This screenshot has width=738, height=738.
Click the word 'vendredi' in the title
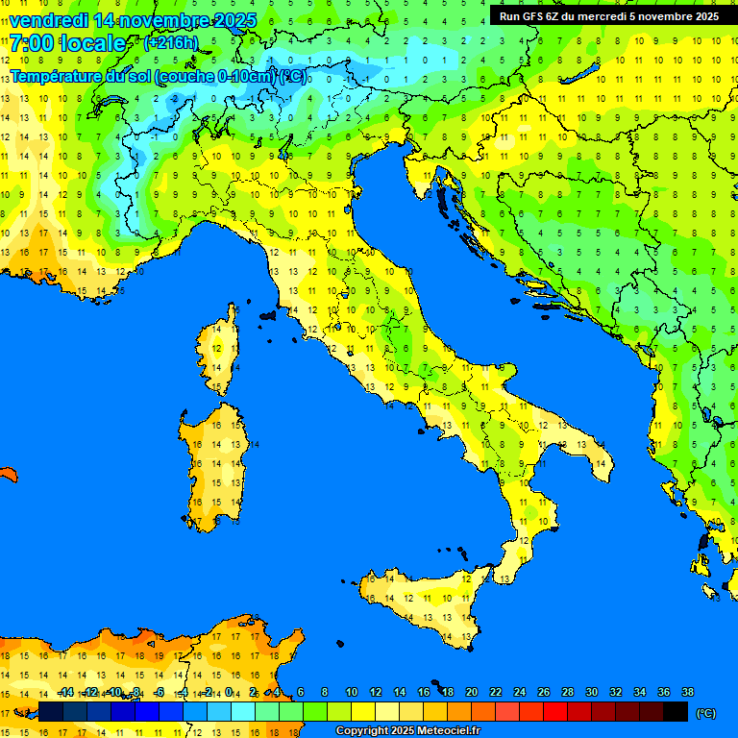[x=48, y=20]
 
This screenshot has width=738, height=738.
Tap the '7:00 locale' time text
[x=68, y=43]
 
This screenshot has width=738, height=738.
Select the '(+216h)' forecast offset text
[x=170, y=42]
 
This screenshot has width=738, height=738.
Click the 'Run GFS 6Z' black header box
[x=608, y=15]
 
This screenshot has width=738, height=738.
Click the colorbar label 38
[x=688, y=692]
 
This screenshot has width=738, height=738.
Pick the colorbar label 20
[x=472, y=692]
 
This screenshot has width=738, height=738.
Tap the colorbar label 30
[x=592, y=692]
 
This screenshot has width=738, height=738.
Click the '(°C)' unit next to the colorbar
[x=705, y=712]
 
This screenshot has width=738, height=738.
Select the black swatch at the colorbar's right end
[x=676, y=711]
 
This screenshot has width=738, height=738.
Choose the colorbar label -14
[x=65, y=692]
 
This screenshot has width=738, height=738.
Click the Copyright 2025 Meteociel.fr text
[x=407, y=730]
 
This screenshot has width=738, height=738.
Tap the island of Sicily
[x=423, y=601]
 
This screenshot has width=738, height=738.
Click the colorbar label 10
[x=352, y=692]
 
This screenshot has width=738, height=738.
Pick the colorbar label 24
[x=520, y=692]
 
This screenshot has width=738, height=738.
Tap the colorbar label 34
[x=640, y=692]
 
